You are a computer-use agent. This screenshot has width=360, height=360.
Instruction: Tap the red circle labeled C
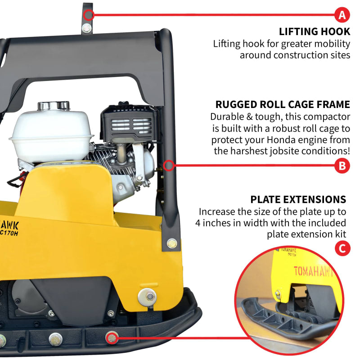pos(343,248)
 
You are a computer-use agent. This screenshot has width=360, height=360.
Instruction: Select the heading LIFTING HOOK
pos(314,31)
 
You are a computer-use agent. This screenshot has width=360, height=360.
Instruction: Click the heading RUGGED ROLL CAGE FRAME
pos(283,105)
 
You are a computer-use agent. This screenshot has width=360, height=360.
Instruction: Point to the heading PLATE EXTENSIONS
pos(298,199)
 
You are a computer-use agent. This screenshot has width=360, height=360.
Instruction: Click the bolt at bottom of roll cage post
pos(171,243)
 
